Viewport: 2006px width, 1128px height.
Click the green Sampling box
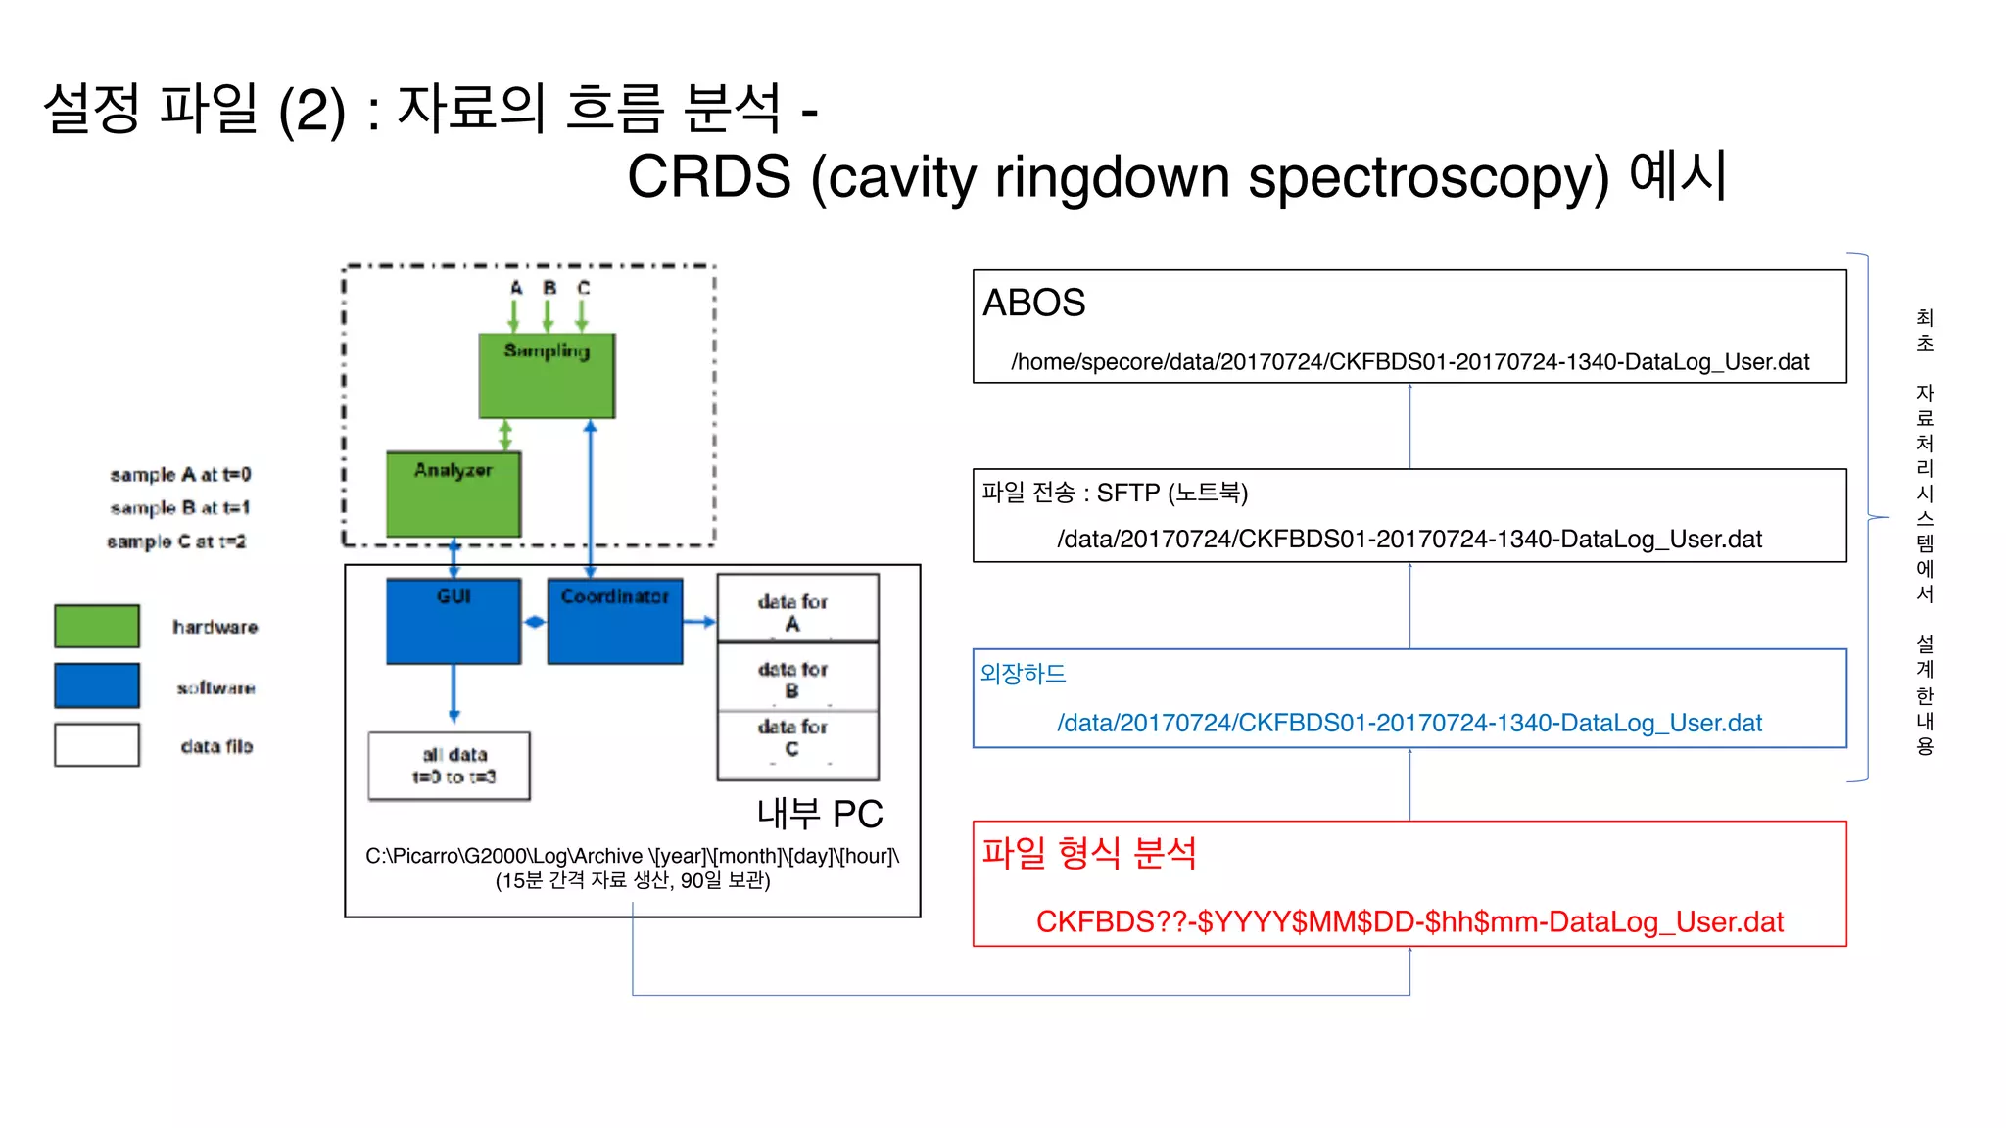(x=547, y=377)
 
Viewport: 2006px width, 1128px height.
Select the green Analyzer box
(x=453, y=493)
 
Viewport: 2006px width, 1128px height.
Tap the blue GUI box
(x=453, y=621)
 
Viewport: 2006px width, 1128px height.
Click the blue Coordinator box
(x=614, y=621)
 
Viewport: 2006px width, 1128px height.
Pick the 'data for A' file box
(x=796, y=609)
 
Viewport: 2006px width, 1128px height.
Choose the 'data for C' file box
(x=796, y=745)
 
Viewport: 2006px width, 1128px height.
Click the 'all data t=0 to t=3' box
(x=449, y=766)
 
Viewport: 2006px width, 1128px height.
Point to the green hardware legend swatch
(x=96, y=626)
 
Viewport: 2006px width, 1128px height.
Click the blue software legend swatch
(x=96, y=685)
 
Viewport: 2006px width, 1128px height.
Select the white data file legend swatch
(x=96, y=745)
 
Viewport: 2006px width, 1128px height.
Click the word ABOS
(x=1033, y=303)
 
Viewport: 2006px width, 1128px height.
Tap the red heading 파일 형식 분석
(x=1088, y=853)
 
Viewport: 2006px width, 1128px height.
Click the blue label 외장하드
(x=1023, y=674)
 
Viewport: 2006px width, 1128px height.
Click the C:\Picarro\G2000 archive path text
(x=632, y=856)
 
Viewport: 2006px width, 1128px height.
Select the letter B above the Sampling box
(x=549, y=288)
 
